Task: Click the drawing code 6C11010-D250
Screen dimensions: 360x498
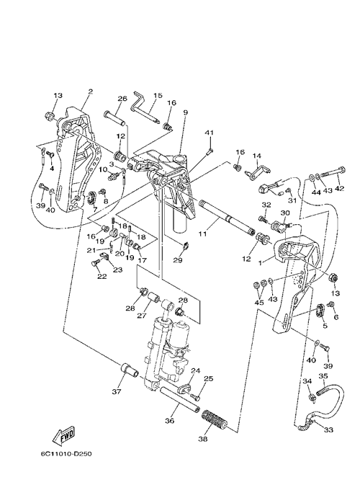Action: pos(66,454)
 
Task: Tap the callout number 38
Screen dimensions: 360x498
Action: pos(203,439)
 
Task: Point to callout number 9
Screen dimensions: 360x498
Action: pos(185,112)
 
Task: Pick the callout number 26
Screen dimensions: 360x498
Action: pos(122,99)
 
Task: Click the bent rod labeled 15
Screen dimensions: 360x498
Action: pos(144,107)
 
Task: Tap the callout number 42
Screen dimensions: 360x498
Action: pos(339,189)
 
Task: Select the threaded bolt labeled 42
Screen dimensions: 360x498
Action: pos(333,172)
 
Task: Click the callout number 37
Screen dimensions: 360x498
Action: pos(117,392)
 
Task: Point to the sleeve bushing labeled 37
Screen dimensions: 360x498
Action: pos(130,370)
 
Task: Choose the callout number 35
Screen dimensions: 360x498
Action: pos(323,375)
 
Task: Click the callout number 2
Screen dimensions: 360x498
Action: pos(91,92)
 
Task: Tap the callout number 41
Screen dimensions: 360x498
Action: pos(209,133)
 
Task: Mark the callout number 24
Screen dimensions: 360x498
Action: pos(195,370)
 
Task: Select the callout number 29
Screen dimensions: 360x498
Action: pos(178,260)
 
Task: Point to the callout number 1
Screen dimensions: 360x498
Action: pos(260,262)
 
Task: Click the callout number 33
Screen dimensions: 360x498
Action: pos(328,430)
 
